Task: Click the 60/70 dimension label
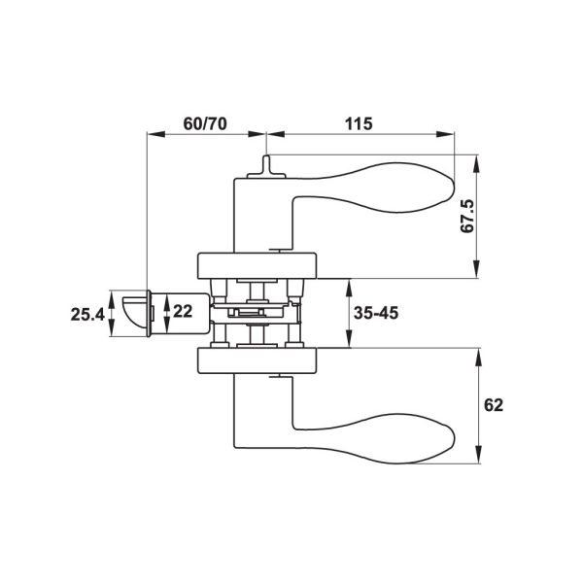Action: tap(205, 123)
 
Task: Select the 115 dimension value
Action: tap(359, 123)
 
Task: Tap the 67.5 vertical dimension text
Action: tap(467, 217)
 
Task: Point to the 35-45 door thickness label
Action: tap(375, 313)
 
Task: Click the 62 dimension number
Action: tap(494, 405)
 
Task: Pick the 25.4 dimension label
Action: tap(87, 315)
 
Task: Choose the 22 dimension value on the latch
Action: tap(183, 311)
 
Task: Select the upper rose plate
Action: tap(257, 265)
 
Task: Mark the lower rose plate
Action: tap(257, 360)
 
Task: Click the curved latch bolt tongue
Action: tap(134, 312)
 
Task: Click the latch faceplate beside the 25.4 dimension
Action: tap(149, 314)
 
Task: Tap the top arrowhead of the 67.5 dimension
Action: tap(477, 163)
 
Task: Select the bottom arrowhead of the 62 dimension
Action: tap(479, 455)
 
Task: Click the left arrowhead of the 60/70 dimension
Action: tap(156, 134)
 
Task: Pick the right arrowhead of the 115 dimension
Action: tap(445, 134)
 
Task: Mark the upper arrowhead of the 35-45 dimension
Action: tap(349, 288)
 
